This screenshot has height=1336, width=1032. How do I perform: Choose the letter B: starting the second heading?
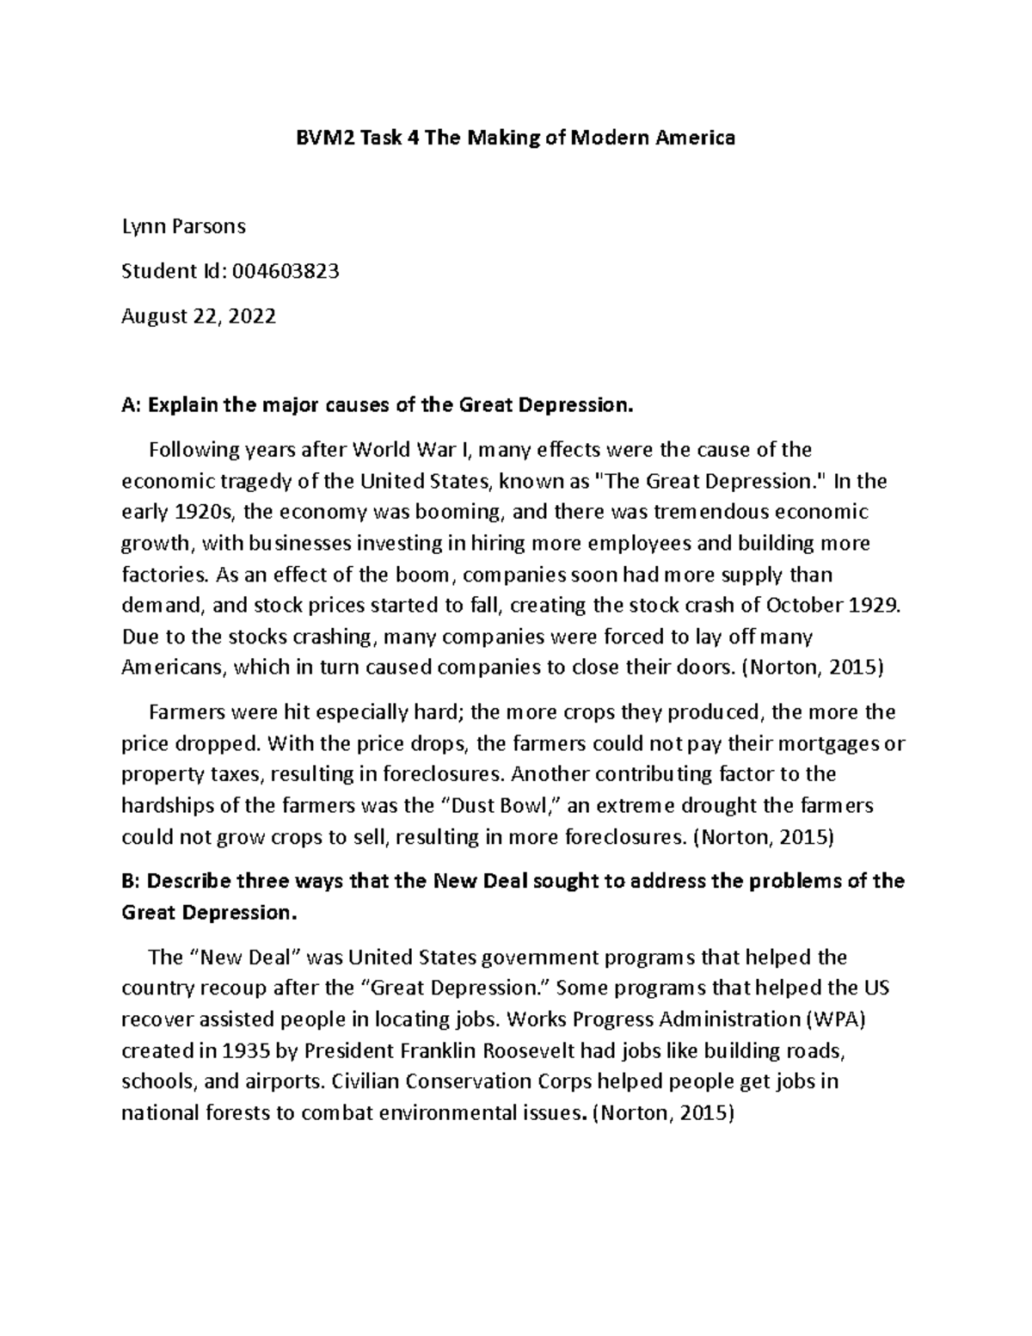pos(132,881)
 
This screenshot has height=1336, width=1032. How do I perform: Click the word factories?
pos(160,575)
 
